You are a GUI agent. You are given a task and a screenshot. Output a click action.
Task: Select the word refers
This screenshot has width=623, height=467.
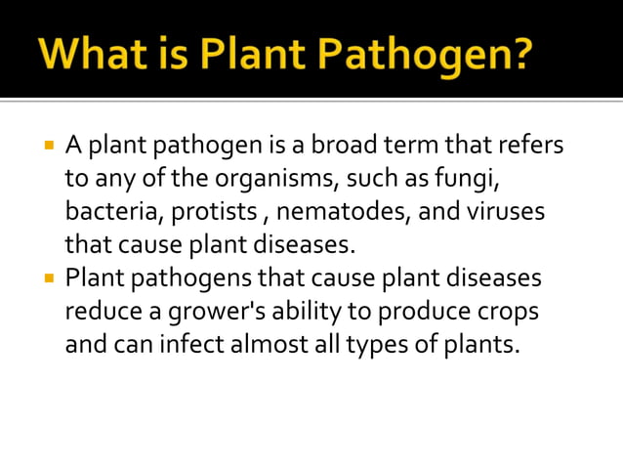(x=531, y=148)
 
